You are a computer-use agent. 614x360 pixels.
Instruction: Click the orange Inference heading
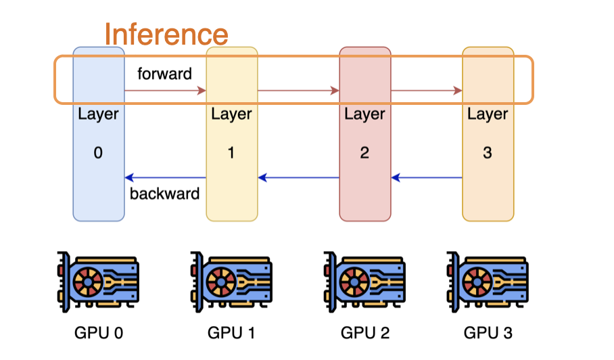(166, 34)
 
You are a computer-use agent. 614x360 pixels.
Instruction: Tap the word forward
(164, 74)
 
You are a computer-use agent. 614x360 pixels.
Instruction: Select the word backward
(164, 194)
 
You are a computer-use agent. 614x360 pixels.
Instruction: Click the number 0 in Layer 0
(98, 153)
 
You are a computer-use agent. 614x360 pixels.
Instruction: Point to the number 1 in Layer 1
(231, 153)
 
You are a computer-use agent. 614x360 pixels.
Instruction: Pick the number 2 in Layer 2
(364, 153)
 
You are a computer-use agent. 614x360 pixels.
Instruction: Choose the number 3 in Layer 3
(488, 153)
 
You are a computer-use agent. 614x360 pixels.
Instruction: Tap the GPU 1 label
(231, 333)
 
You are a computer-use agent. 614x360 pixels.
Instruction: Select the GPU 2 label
(364, 333)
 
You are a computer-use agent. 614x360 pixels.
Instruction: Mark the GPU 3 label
(488, 333)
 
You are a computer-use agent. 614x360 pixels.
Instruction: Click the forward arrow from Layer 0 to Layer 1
(165, 90)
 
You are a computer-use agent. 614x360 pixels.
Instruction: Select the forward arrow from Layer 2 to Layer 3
(426, 90)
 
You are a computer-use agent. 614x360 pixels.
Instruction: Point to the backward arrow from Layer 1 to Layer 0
(165, 179)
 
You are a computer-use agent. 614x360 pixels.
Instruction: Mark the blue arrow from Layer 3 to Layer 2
(426, 179)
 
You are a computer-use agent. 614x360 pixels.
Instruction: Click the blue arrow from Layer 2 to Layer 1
(298, 179)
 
